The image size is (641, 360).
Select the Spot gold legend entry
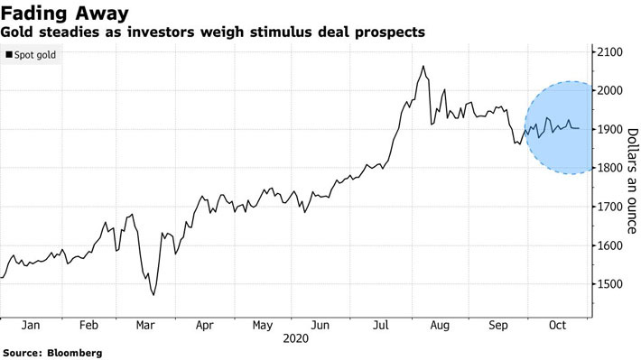tap(31, 55)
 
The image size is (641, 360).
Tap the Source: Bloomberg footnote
tap(51, 352)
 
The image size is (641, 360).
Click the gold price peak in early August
tap(423, 66)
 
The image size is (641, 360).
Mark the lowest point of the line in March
tap(153, 295)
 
